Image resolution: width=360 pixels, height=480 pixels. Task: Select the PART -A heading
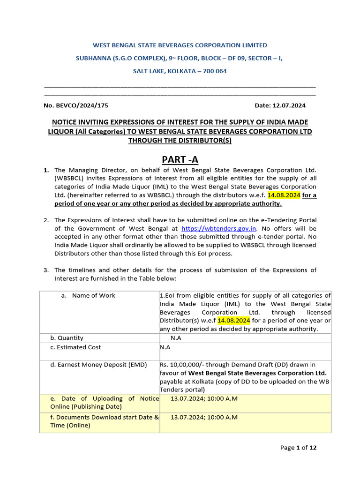click(x=180, y=160)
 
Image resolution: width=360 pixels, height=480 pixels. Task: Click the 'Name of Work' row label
click(x=93, y=295)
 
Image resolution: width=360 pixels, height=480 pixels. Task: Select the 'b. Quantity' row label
click(x=67, y=337)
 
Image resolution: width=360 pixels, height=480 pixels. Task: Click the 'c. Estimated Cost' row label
click(x=75, y=347)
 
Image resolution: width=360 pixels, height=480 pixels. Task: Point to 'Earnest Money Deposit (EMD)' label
click(x=98, y=365)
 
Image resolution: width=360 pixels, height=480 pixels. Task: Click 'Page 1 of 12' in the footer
click(x=298, y=448)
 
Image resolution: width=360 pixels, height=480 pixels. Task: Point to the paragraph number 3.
click(x=46, y=270)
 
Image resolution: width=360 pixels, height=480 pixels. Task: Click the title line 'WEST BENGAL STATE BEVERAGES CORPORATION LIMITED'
click(x=180, y=45)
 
